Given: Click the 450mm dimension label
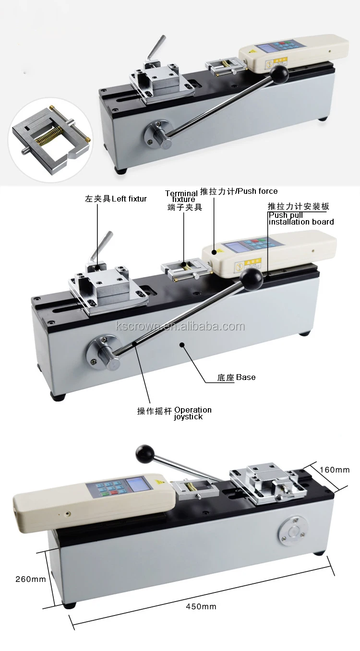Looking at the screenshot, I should pos(202,606).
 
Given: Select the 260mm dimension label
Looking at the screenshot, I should pos(31,579).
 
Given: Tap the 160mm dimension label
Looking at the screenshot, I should pos(335,470).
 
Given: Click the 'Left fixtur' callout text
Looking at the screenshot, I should pos(116,199).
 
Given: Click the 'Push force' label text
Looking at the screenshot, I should pos(238,191).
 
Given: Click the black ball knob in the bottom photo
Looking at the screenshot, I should pos(144,452).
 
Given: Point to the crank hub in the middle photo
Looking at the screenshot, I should pos(103,353).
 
